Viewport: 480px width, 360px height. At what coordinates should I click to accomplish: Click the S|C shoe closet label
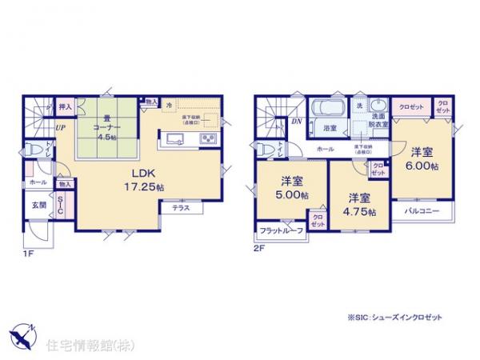tap(61, 206)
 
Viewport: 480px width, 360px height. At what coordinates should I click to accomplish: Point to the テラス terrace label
tap(181, 207)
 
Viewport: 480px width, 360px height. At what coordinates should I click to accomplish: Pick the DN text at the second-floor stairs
tap(296, 122)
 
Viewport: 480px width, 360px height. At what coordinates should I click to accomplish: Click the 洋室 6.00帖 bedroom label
tap(423, 158)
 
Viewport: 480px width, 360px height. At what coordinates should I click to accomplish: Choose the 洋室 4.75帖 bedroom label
tap(358, 204)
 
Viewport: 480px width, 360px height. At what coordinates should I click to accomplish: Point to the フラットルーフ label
tap(280, 231)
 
